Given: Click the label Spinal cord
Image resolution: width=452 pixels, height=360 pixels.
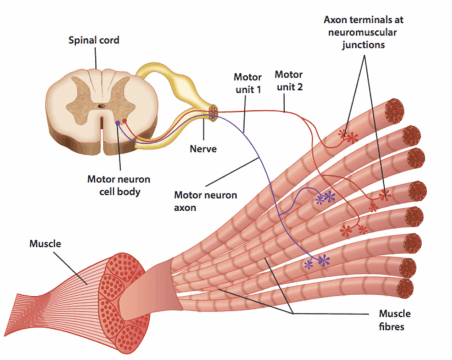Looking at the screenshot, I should pyautogui.click(x=94, y=41).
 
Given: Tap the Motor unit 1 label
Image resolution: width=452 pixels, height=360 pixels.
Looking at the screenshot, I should pyautogui.click(x=247, y=83).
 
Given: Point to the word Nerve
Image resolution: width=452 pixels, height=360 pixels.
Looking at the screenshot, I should pyautogui.click(x=203, y=148).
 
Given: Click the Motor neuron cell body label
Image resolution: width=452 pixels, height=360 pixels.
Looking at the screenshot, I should pyautogui.click(x=118, y=186).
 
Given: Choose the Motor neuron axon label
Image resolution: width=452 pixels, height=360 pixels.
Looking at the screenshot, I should pyautogui.click(x=205, y=201).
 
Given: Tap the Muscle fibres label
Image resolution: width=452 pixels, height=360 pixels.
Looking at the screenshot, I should pyautogui.click(x=395, y=320).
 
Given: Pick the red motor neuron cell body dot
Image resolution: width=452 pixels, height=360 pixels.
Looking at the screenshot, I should pyautogui.click(x=124, y=120).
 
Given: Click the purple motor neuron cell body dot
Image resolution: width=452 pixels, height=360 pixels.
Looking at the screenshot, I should pyautogui.click(x=117, y=123).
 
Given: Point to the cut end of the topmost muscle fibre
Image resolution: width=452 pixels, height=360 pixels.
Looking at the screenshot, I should pyautogui.click(x=394, y=110).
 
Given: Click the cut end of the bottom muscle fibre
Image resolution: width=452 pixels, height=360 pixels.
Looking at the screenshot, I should pyautogui.click(x=404, y=288).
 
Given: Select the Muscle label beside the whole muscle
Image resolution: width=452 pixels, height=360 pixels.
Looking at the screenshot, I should pyautogui.click(x=45, y=243).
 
